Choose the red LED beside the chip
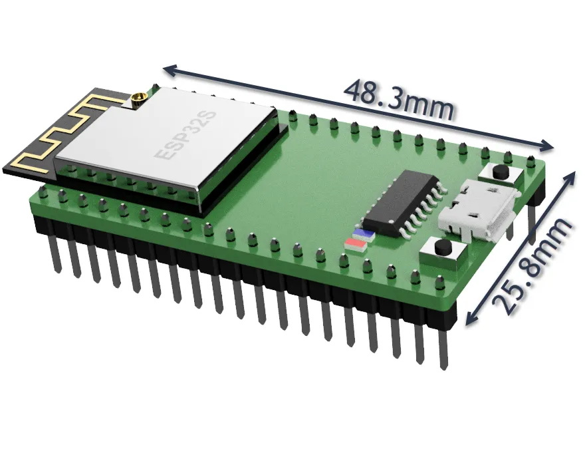(355, 243)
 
